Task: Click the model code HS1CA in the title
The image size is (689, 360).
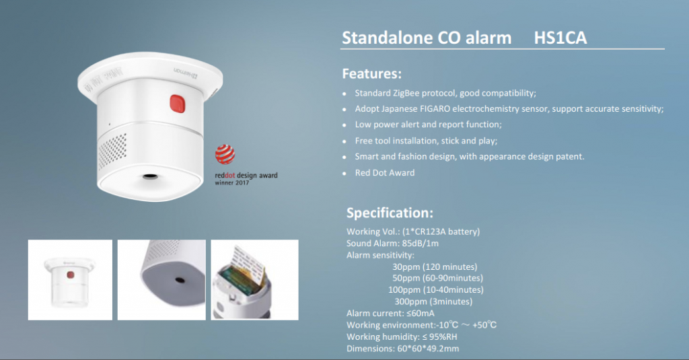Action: point(560,38)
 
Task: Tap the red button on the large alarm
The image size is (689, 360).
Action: point(178,104)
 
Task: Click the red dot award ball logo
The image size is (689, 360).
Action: point(225,155)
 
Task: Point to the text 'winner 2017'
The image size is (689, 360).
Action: point(231,183)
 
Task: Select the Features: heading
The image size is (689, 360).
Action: point(371,73)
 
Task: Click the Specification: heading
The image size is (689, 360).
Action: point(390,213)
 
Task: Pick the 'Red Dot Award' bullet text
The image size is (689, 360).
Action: point(384,173)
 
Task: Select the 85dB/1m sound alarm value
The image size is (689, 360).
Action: point(420,243)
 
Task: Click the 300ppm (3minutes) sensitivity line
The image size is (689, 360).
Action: point(433,301)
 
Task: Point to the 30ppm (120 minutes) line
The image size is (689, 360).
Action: point(435,267)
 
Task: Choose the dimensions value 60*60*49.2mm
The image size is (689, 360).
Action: point(428,349)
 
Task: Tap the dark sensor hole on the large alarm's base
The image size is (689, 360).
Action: point(150,177)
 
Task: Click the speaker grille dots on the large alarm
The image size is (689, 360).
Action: point(112,151)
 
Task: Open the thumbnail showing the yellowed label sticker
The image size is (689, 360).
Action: point(254,279)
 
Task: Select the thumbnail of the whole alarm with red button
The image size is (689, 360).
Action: point(70,279)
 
